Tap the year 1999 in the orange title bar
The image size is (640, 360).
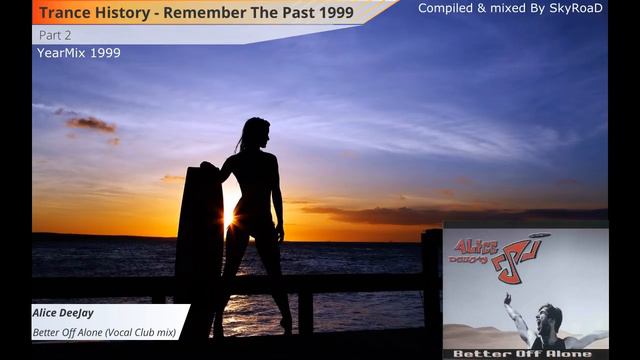[x=353, y=12]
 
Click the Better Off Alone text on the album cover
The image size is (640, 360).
[x=525, y=353]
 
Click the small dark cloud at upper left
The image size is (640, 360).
[x=91, y=123]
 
